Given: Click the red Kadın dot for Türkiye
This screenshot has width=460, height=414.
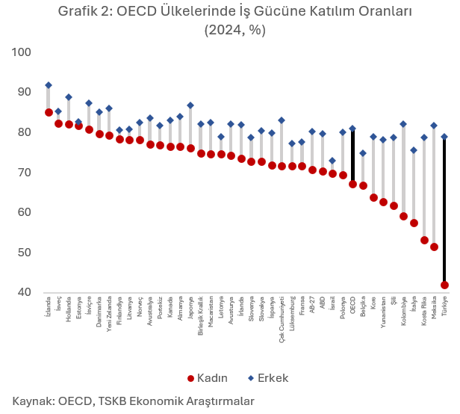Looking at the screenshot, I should pos(444,285).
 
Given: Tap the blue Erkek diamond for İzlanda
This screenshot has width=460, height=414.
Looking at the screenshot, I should pos(49,85).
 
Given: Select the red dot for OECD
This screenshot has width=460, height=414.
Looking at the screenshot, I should pos(353,184).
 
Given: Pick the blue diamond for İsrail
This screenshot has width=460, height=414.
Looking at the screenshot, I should pos(332,161).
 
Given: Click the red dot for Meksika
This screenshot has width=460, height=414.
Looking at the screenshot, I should pos(435,247).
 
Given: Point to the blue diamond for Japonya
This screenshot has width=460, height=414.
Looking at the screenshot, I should pos(190,105).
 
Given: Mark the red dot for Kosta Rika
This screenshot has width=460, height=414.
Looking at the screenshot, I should pos(424,240).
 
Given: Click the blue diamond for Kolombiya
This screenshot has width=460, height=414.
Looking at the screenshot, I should pos(404,124).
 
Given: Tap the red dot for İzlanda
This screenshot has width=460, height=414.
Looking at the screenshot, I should pos(49,112).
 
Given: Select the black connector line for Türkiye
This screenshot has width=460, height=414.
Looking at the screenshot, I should pos(444,209).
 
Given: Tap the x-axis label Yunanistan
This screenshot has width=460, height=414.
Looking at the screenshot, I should pos(383,313).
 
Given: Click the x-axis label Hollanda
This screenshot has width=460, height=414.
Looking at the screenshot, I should pos(69,309).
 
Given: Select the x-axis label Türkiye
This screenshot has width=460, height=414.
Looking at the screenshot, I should pos(444,307).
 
